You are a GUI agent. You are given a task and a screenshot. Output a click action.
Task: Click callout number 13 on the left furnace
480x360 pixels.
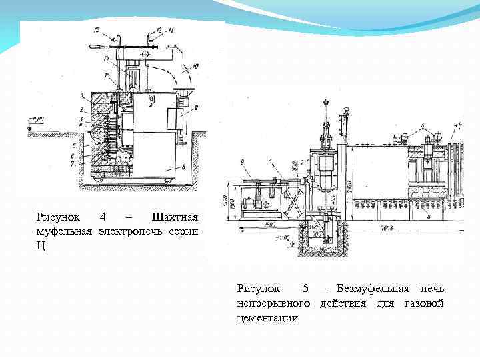point(97,30)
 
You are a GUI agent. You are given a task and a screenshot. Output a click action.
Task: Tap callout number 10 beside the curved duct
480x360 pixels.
point(195,65)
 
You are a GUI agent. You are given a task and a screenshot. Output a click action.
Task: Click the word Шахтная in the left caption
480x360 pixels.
point(175,217)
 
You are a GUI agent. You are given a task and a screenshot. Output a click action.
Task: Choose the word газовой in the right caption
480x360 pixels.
point(424,303)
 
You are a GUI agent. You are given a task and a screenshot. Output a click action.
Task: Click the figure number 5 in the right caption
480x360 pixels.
point(305,289)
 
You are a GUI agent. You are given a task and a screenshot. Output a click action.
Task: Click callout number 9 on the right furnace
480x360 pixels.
point(243,161)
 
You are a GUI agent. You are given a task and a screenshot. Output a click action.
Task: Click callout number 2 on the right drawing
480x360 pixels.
point(303,162)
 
